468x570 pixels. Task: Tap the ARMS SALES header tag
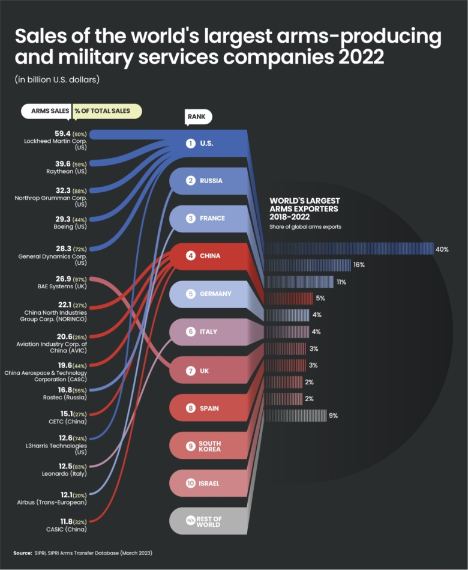46,111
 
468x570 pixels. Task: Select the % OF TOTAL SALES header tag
106,111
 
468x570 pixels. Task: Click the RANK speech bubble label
198,117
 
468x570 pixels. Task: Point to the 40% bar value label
442,249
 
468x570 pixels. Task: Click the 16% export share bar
307,265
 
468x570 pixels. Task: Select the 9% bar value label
334,416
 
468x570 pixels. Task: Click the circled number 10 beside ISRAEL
190,483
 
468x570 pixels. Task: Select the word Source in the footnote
23,552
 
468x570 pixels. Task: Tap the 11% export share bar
298,282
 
